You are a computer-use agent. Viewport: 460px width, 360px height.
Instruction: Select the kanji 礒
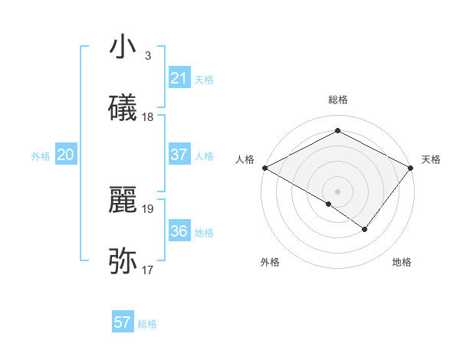[123, 108]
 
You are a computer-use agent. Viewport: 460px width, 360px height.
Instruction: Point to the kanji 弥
[123, 261]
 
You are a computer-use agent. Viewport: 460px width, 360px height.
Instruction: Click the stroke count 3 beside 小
[147, 56]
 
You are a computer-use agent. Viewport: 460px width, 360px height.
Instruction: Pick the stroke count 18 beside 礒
[148, 117]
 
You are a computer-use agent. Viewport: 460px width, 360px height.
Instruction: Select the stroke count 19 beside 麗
[148, 208]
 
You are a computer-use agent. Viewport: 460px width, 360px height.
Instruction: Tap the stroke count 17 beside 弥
[148, 270]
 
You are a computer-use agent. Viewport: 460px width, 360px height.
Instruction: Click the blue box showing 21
[179, 78]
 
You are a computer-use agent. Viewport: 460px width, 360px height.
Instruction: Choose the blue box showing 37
[179, 155]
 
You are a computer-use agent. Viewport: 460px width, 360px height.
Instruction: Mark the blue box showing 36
[179, 231]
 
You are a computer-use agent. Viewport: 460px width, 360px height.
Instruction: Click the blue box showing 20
[66, 155]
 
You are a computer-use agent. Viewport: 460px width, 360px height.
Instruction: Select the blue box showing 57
[122, 322]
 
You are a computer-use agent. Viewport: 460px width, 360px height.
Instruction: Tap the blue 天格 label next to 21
[204, 80]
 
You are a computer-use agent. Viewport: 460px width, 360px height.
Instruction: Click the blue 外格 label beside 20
[41, 156]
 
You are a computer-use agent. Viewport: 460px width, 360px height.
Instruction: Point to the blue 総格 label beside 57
[147, 324]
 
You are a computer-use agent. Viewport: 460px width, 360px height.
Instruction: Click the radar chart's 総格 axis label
[338, 100]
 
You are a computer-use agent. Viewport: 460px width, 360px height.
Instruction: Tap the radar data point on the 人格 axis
[264, 167]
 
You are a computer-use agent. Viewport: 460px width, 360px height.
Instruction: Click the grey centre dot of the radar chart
[338, 191]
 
